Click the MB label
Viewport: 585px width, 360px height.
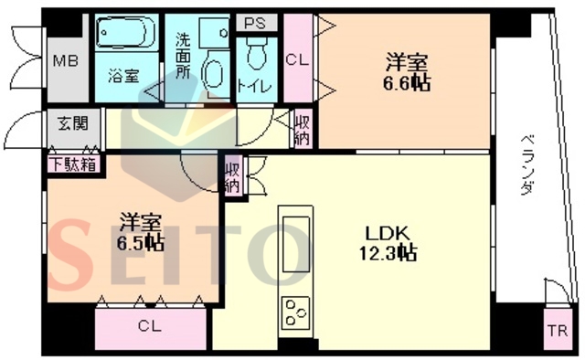coord(66,61)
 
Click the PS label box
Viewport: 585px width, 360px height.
coord(257,23)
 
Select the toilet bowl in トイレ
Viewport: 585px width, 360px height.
coord(257,55)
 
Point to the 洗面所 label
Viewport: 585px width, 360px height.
coord(183,56)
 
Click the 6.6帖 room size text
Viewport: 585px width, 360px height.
coord(407,83)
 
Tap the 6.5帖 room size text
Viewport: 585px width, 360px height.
coord(140,243)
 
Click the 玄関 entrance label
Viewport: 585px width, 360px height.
coord(73,123)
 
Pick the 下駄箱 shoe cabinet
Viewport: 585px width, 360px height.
coord(74,164)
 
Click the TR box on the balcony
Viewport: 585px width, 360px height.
coord(557,330)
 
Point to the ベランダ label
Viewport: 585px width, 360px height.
coord(526,164)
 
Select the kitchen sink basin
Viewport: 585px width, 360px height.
coord(296,244)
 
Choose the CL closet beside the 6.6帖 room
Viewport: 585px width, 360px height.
coord(297,58)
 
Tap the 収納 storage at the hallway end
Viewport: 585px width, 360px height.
coord(303,129)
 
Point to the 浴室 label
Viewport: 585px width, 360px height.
coord(123,77)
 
